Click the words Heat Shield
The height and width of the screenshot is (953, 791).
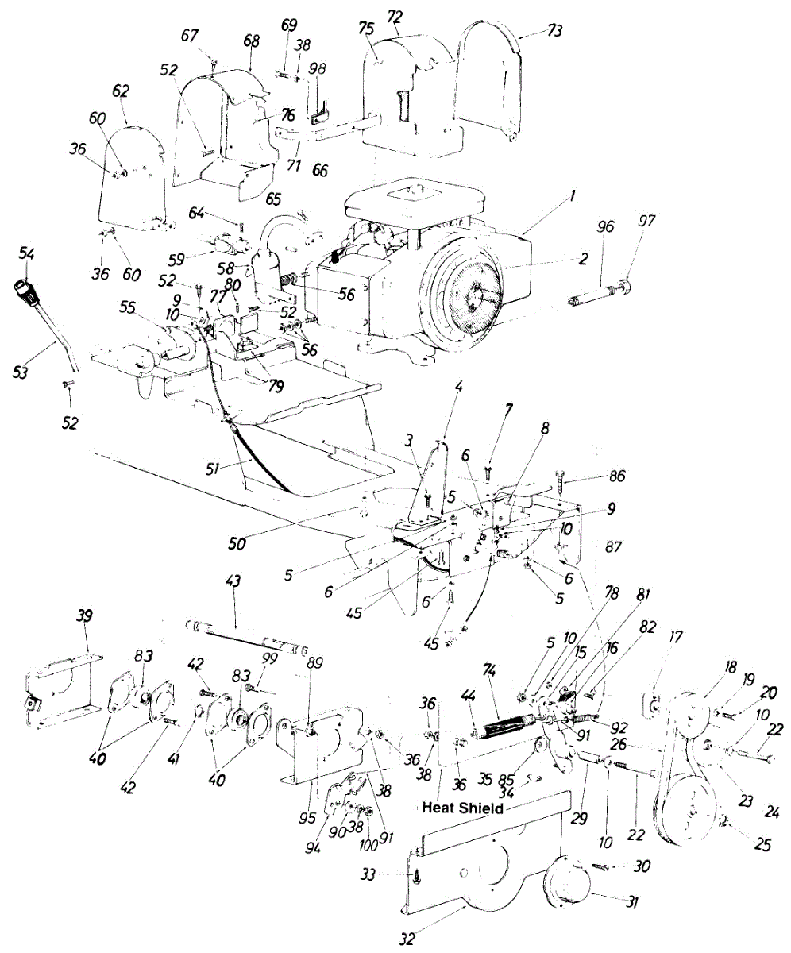(x=463, y=808)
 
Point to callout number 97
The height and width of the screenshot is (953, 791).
(x=647, y=222)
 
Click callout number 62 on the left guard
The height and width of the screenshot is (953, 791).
(x=120, y=91)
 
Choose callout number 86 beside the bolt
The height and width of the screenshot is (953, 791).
(x=616, y=476)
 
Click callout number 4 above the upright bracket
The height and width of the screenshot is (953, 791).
(x=458, y=389)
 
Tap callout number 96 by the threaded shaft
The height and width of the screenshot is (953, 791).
(x=606, y=226)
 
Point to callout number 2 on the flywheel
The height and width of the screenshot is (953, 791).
(x=584, y=259)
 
